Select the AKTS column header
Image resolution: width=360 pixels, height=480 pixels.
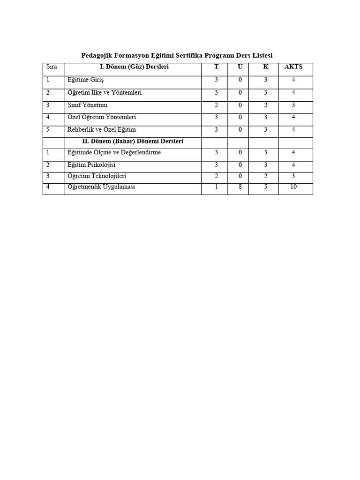click(x=293, y=67)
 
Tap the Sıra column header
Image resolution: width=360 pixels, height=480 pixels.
click(x=52, y=67)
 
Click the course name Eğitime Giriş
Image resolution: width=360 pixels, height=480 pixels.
click(x=85, y=80)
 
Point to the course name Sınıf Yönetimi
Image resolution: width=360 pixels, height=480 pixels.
click(x=88, y=105)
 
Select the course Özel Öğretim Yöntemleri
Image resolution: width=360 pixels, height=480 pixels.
click(x=102, y=117)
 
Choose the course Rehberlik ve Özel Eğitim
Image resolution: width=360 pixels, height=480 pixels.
click(x=102, y=129)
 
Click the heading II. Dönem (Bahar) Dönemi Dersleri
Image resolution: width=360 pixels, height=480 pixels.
click(x=133, y=141)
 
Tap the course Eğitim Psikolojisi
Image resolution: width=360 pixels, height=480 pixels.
click(x=91, y=165)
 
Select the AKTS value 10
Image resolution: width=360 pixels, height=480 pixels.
click(x=293, y=187)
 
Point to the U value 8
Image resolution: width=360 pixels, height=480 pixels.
click(x=240, y=187)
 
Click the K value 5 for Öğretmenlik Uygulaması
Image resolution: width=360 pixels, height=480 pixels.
click(x=265, y=187)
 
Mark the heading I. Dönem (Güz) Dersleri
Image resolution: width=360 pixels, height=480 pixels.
click(x=134, y=67)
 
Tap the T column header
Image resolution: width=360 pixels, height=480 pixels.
click(x=216, y=67)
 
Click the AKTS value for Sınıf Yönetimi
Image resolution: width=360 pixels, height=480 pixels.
click(x=293, y=105)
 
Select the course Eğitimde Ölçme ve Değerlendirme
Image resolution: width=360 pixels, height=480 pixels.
click(x=114, y=153)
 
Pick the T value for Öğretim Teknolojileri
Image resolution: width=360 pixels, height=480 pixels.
click(x=216, y=176)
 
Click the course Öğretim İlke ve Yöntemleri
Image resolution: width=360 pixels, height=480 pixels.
click(x=105, y=93)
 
